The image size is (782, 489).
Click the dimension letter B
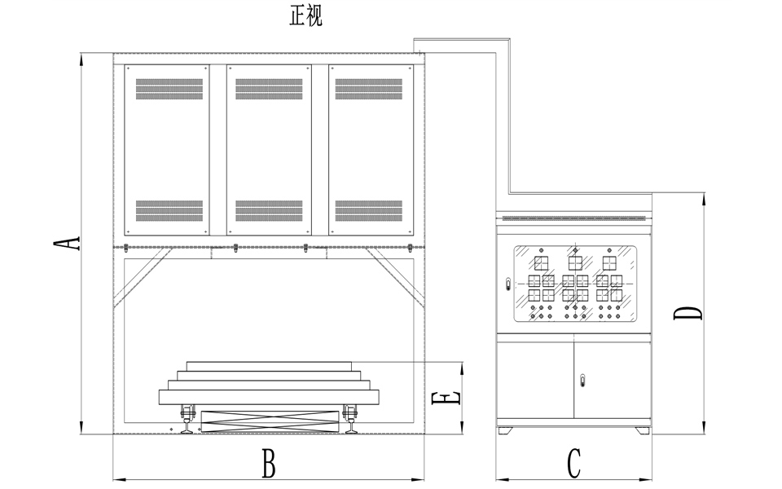[x=268, y=465]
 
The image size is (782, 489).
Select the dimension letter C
[x=573, y=465]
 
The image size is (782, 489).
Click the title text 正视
[x=306, y=17]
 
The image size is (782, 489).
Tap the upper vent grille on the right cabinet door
[x=369, y=89]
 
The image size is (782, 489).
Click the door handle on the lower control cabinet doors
[x=582, y=379]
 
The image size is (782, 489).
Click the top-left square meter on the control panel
[x=540, y=262]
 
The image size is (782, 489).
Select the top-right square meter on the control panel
[x=608, y=262]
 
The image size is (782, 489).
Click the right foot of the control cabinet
[x=641, y=430]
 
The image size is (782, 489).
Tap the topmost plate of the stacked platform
[x=270, y=365]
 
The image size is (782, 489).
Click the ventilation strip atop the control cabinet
[x=574, y=218]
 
